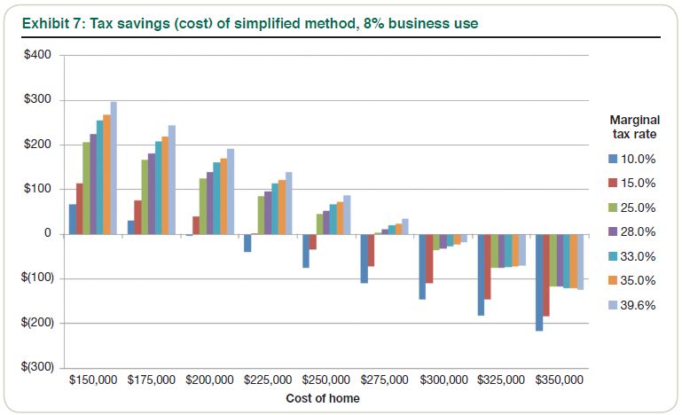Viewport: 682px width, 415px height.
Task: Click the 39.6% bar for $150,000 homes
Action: (114, 168)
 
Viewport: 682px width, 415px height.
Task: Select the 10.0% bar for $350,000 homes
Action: (539, 282)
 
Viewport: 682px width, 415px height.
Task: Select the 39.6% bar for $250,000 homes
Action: (347, 215)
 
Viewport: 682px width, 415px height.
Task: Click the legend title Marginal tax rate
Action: (632, 127)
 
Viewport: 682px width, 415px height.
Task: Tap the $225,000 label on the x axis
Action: (268, 381)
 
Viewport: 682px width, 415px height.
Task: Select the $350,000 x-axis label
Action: (560, 381)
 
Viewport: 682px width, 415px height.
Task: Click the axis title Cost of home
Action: (323, 398)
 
